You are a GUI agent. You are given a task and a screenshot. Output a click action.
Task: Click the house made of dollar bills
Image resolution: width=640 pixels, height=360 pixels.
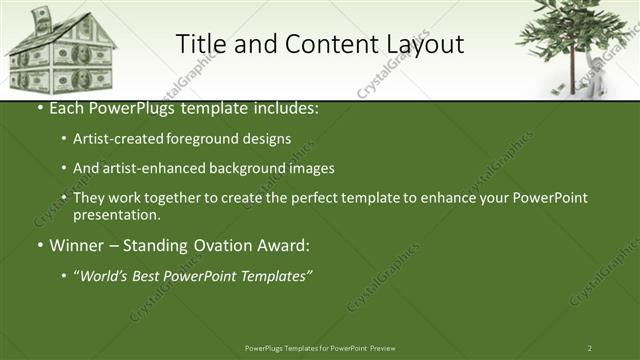[62, 55]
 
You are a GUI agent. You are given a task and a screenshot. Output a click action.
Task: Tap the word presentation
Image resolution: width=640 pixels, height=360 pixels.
[116, 215]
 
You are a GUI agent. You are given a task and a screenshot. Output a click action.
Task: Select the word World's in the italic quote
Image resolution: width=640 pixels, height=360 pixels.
[106, 275]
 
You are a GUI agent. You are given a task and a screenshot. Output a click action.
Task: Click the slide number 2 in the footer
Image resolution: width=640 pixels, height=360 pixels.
[589, 348]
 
